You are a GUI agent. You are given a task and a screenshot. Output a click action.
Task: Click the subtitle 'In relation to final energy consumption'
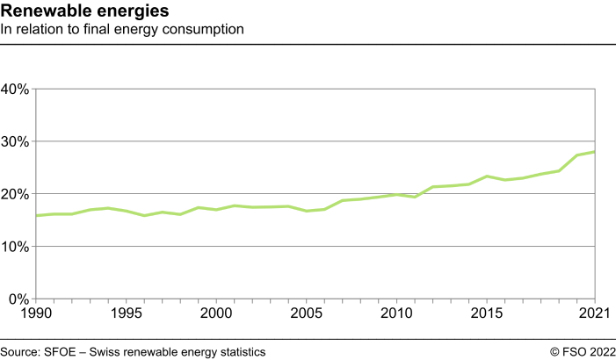point(122,30)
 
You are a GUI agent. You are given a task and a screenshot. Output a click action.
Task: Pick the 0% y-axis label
point(19,299)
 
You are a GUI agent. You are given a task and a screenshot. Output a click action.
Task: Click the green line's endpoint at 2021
point(596,152)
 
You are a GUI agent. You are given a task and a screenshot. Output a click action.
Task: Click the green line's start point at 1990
point(34,215)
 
